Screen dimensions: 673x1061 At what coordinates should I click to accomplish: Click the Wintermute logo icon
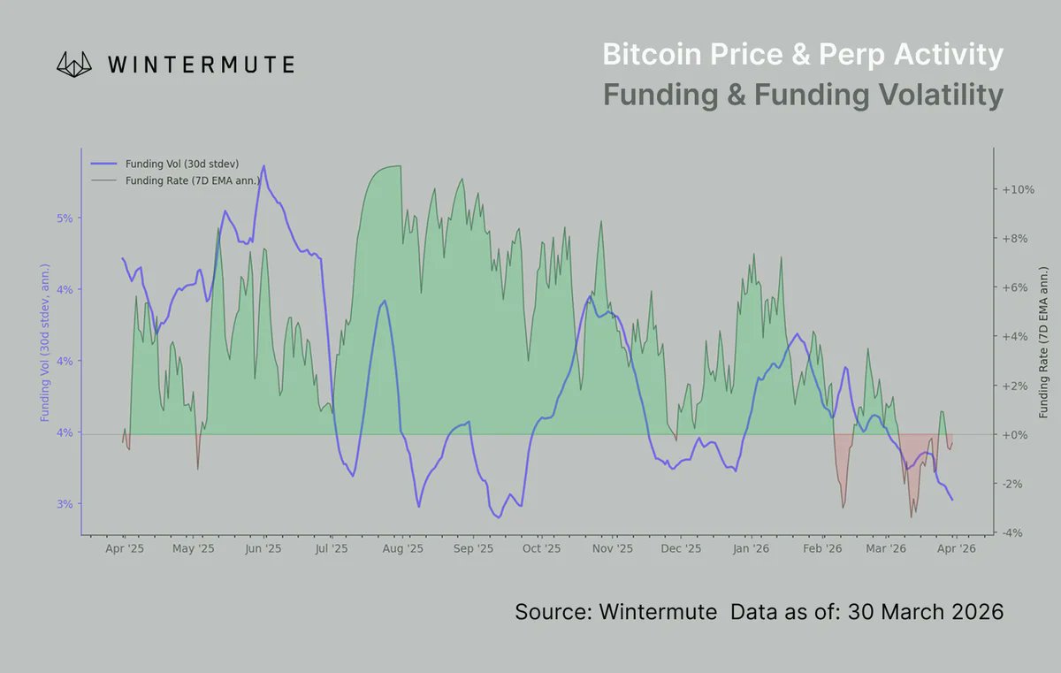pos(76,64)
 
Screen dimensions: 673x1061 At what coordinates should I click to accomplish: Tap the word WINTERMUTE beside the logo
pos(201,65)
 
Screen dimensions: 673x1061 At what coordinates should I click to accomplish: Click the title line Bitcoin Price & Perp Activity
pos(802,55)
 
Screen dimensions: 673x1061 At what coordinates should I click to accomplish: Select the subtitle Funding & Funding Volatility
pos(802,95)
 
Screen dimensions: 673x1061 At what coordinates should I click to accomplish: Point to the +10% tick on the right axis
pos(1017,190)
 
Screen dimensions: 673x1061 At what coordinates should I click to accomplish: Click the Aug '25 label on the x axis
pos(403,549)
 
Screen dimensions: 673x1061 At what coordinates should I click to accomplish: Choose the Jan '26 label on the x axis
pos(750,549)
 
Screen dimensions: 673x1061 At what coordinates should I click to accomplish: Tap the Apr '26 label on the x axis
pos(956,549)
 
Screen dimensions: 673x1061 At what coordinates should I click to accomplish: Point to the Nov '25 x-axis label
pos(612,549)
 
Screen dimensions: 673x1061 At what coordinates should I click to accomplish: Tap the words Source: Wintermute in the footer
pos(615,612)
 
